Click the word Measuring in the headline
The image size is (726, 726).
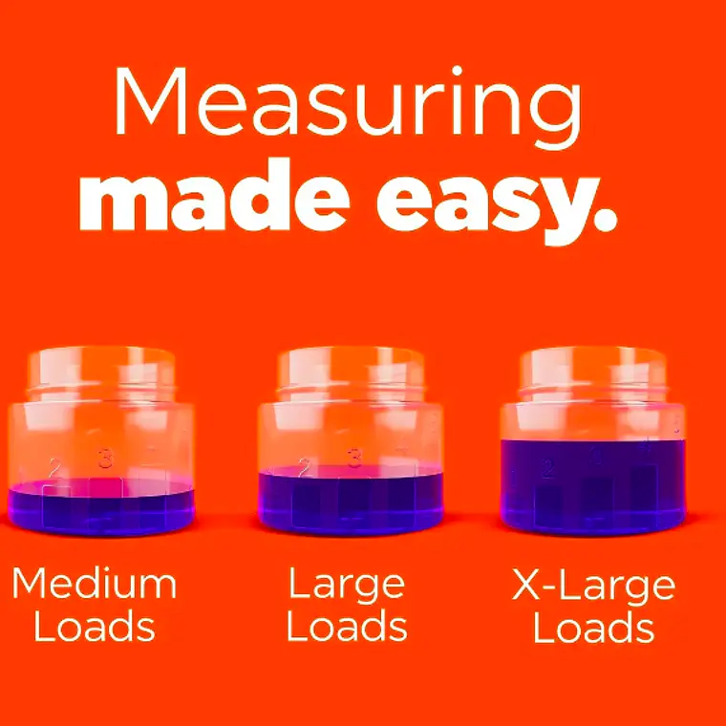click(x=348, y=107)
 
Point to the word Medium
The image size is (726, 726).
click(x=94, y=584)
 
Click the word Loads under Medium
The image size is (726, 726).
click(x=95, y=625)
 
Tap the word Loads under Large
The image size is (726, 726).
click(x=347, y=625)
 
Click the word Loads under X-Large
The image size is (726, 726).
click(x=594, y=626)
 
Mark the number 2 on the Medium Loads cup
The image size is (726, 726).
click(x=54, y=468)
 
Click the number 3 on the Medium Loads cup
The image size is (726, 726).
click(x=106, y=459)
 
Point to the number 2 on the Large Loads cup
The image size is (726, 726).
click(x=304, y=467)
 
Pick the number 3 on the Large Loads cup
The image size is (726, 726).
click(x=354, y=458)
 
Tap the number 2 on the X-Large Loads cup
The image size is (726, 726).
click(x=548, y=469)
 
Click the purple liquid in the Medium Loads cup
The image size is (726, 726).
click(x=101, y=508)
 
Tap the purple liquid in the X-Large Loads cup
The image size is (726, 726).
click(x=592, y=486)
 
